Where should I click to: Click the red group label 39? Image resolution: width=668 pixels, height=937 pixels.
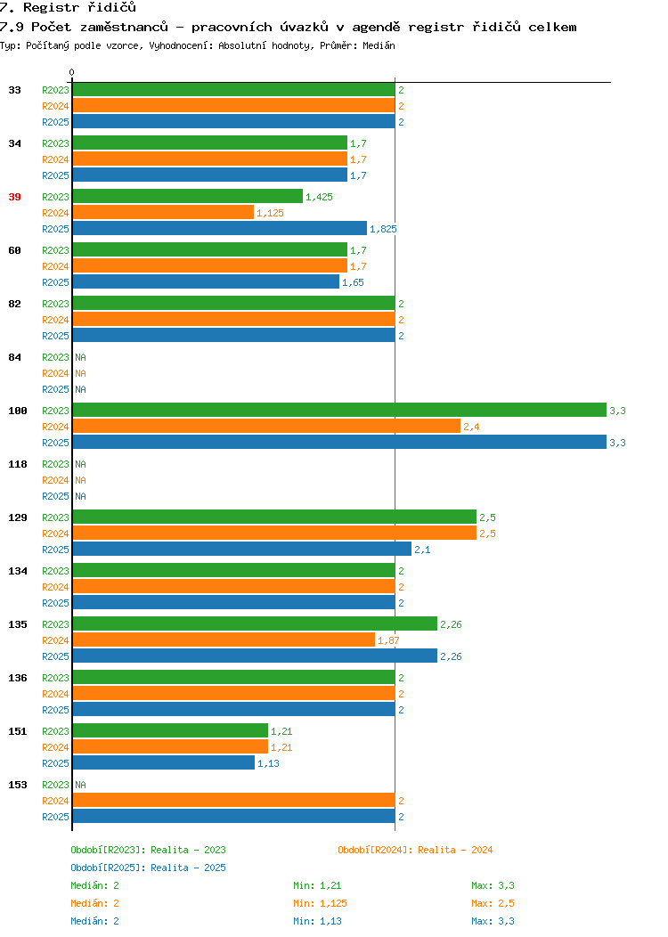(x=14, y=197)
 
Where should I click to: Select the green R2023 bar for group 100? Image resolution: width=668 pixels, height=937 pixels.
(x=339, y=410)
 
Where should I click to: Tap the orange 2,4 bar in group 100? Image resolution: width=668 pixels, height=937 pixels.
(x=266, y=426)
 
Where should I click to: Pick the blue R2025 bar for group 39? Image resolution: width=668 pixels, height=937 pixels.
(x=220, y=228)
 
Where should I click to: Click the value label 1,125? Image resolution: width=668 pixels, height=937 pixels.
(x=270, y=213)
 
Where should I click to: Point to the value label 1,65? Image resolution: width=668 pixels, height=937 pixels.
(x=353, y=282)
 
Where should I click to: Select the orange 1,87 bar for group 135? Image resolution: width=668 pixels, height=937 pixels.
(x=224, y=640)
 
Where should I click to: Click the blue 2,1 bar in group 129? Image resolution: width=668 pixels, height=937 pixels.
(x=242, y=549)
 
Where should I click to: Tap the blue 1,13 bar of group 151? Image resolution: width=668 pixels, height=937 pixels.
(x=164, y=762)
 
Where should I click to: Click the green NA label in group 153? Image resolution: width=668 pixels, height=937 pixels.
(x=81, y=785)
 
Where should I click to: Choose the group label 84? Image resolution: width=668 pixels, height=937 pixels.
(x=14, y=357)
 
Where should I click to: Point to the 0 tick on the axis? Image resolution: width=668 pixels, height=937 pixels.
(x=72, y=72)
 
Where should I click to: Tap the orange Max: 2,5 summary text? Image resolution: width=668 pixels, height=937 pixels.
(x=493, y=903)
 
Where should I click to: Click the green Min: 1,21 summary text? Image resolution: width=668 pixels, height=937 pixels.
(x=317, y=885)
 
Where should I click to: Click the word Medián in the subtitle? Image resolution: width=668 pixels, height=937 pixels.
(x=379, y=45)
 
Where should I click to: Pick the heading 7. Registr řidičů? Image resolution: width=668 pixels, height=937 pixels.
(x=68, y=7)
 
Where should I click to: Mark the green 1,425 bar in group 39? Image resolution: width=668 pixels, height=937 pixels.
(x=188, y=196)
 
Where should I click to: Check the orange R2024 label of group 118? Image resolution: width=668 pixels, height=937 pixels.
(x=55, y=480)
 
